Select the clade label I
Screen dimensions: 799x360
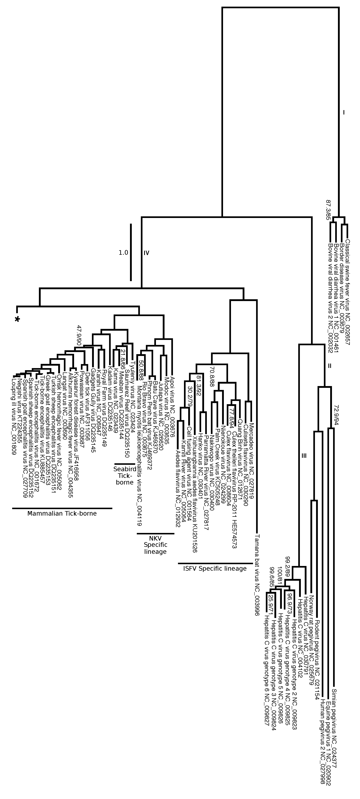[x=344, y=113]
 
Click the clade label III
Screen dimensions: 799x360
[x=304, y=456]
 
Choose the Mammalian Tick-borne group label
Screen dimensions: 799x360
[x=62, y=513]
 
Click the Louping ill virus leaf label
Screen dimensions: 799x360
[x=13, y=416]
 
